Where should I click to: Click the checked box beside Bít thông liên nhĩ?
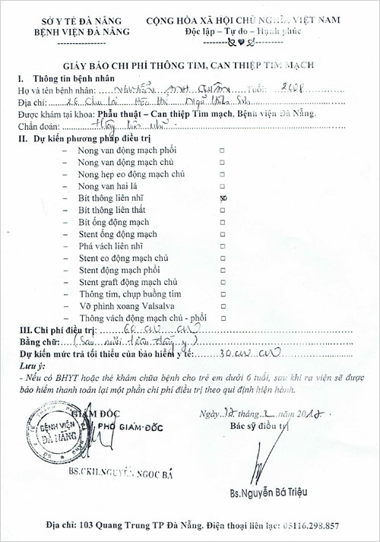click(x=222, y=196)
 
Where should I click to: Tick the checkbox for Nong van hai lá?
click(x=222, y=185)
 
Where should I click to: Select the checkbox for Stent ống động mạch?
click(x=222, y=233)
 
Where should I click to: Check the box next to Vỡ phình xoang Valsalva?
click(x=222, y=305)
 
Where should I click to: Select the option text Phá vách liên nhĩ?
click(x=111, y=245)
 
